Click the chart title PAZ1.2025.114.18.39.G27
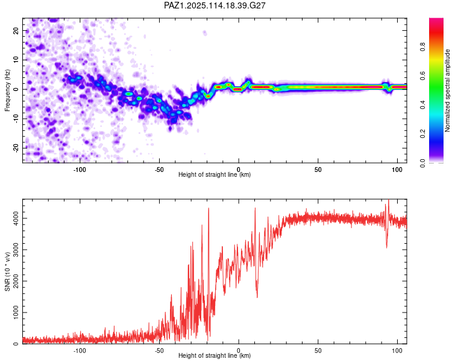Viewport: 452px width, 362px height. pyautogui.click(x=215, y=5)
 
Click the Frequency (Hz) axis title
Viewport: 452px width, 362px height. pyautogui.click(x=7, y=91)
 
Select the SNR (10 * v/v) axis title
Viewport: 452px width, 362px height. pyautogui.click(x=7, y=271)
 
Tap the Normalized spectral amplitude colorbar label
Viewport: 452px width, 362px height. pyautogui.click(x=447, y=91)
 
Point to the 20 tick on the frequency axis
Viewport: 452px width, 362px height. pyautogui.click(x=16, y=30)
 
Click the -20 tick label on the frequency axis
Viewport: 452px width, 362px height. pyautogui.click(x=16, y=148)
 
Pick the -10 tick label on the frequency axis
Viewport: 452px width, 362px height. pyautogui.click(x=16, y=119)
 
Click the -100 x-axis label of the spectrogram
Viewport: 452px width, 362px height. pyautogui.click(x=80, y=170)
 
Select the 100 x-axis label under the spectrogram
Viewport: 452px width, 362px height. pyautogui.click(x=397, y=170)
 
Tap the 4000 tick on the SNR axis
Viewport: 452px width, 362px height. pyautogui.click(x=16, y=218)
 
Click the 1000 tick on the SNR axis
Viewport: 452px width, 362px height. pyautogui.click(x=16, y=313)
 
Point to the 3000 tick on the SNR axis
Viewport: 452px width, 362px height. pyautogui.click(x=16, y=250)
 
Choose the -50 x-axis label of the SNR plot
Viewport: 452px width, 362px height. pyautogui.click(x=159, y=351)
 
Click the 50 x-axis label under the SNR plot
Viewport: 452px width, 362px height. pyautogui.click(x=318, y=351)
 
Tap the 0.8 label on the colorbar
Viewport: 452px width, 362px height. pyautogui.click(x=422, y=46)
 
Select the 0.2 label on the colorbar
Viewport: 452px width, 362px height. pyautogui.click(x=422, y=134)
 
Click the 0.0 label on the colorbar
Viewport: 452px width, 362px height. pyautogui.click(x=422, y=163)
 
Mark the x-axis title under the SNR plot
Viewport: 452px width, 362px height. pyautogui.click(x=215, y=355)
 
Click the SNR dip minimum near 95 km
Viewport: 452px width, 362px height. pyautogui.click(x=386, y=248)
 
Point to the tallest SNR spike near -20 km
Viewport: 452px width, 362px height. pyautogui.click(x=209, y=208)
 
